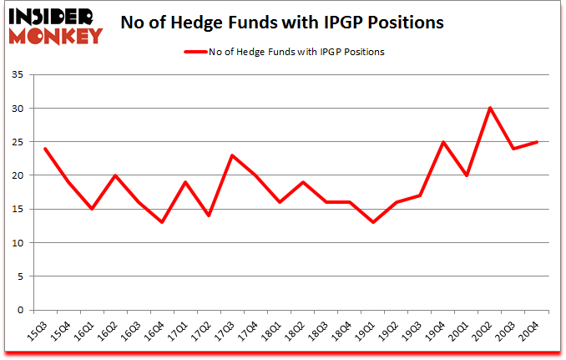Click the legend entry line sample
click(x=197, y=52)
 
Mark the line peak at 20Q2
click(x=490, y=108)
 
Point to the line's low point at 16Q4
click(x=161, y=222)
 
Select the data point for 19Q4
click(x=443, y=142)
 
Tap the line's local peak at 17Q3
click(x=231, y=155)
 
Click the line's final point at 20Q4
click(x=537, y=142)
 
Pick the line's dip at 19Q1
click(x=372, y=222)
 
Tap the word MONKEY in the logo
click(x=57, y=35)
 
